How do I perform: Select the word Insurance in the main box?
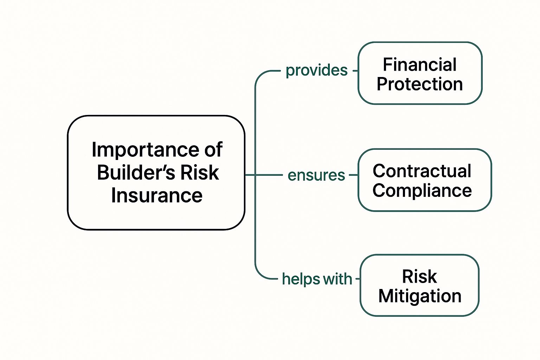(157, 195)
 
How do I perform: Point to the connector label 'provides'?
(316, 71)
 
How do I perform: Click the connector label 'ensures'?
(316, 175)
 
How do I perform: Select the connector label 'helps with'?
(317, 279)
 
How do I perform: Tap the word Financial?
(420, 65)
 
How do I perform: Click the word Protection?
(420, 84)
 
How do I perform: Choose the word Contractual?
(422, 171)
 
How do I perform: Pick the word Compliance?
(422, 191)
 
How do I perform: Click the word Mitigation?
(420, 296)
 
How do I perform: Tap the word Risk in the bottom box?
(419, 277)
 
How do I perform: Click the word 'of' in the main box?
(213, 150)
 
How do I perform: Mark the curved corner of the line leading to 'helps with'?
(259, 275)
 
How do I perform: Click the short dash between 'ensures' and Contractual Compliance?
(353, 175)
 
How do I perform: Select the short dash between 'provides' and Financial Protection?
(355, 71)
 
